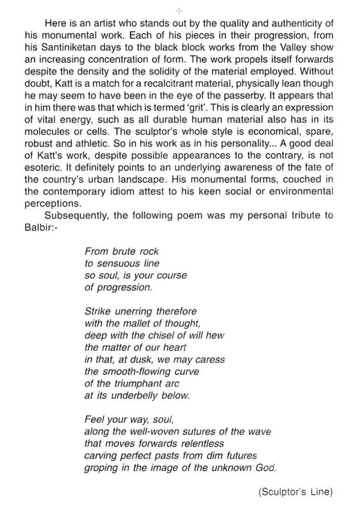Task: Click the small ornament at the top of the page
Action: point(180,10)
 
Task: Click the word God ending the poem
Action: point(265,468)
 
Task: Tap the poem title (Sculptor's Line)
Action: point(295,492)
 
